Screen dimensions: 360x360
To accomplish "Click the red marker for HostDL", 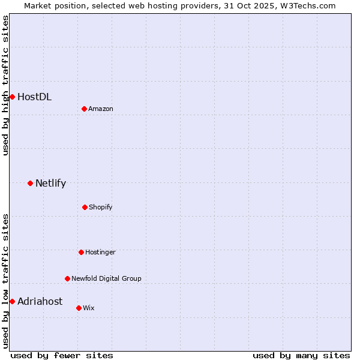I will click(x=12, y=97).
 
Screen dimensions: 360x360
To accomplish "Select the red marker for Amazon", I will click(x=85, y=109).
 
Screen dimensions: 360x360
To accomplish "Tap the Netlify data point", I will click(x=30, y=183).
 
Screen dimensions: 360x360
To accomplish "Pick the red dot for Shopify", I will click(x=85, y=207).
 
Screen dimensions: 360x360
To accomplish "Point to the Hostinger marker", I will click(x=81, y=252).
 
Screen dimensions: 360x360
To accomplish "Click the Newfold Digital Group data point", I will click(x=67, y=278).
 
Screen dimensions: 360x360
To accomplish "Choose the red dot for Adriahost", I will click(x=12, y=301).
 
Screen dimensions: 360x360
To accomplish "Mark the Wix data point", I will click(x=79, y=308).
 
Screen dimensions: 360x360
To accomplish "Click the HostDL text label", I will click(x=34, y=97).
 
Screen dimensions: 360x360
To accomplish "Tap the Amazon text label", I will click(x=101, y=109).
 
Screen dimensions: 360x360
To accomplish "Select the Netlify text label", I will click(x=50, y=183).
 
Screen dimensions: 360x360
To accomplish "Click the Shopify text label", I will click(x=101, y=207).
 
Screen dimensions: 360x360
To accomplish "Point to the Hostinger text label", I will click(x=100, y=252).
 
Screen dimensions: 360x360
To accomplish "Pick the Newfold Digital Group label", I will click(x=106, y=278).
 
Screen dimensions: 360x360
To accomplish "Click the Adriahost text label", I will click(x=40, y=301).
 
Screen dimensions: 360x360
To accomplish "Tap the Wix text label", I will click(x=89, y=308).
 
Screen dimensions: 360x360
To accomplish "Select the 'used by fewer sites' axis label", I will click(x=62, y=355).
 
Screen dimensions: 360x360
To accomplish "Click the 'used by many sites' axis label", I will click(x=301, y=355).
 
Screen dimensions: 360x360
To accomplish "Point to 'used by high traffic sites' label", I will click(x=5, y=85).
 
